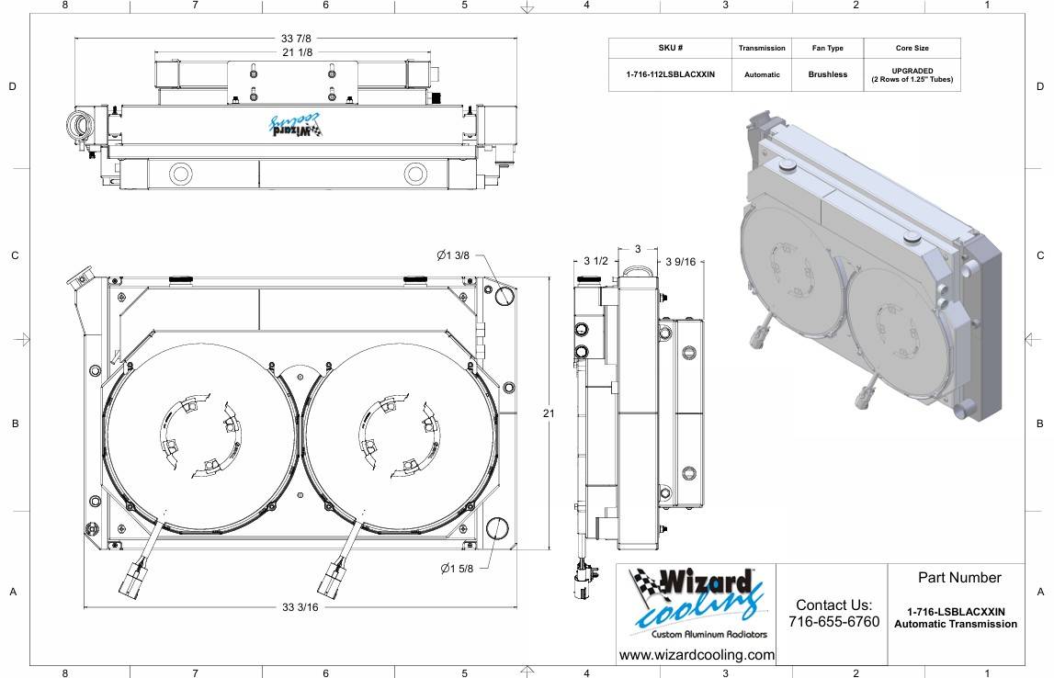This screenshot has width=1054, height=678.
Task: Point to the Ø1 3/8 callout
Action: [454, 254]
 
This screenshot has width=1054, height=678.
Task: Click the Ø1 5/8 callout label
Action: [457, 569]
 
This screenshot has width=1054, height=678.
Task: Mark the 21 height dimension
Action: [549, 414]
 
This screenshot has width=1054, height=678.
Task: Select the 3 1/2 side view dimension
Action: [595, 262]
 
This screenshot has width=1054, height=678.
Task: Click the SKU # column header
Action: [670, 48]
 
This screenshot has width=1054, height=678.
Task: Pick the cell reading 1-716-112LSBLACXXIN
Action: [670, 74]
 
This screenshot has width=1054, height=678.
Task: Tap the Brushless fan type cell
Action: [827, 74]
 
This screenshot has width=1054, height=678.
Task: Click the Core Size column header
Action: [912, 48]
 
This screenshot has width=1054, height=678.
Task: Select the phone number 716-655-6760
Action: [833, 622]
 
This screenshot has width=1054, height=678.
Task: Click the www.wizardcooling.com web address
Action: [697, 655]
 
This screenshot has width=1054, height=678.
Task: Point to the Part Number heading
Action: [958, 578]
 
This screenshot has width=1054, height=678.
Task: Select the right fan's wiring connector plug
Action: [331, 579]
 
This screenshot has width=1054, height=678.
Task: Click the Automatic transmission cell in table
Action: [762, 74]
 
